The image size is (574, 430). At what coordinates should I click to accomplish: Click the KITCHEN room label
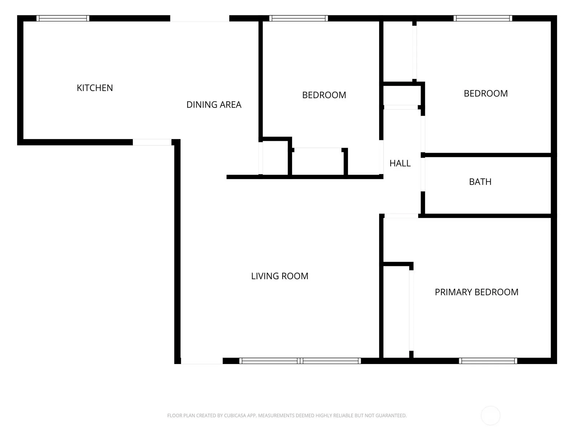click(95, 88)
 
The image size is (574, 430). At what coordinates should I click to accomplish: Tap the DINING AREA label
click(214, 104)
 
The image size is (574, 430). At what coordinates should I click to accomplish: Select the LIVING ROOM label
click(279, 276)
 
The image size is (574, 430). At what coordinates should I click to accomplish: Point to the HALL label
click(400, 163)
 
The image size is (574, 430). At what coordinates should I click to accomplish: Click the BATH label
click(480, 182)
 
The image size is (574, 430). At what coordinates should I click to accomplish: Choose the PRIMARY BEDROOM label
click(476, 292)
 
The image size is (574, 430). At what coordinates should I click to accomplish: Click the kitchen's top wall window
click(63, 18)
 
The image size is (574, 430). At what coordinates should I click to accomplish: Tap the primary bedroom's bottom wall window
click(488, 361)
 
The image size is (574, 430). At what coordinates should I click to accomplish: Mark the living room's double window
click(300, 361)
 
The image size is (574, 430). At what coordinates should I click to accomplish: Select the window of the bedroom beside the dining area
click(298, 18)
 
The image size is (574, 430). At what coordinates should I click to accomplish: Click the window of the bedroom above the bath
click(483, 18)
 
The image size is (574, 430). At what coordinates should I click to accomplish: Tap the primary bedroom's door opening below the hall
click(401, 216)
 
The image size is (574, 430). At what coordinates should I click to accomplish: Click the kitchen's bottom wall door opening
click(152, 142)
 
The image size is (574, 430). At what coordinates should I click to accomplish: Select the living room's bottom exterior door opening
click(202, 361)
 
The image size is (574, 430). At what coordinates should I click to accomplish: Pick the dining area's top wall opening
click(200, 19)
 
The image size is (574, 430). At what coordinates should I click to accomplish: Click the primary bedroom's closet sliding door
click(411, 310)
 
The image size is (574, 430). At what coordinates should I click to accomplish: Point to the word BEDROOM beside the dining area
click(324, 95)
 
